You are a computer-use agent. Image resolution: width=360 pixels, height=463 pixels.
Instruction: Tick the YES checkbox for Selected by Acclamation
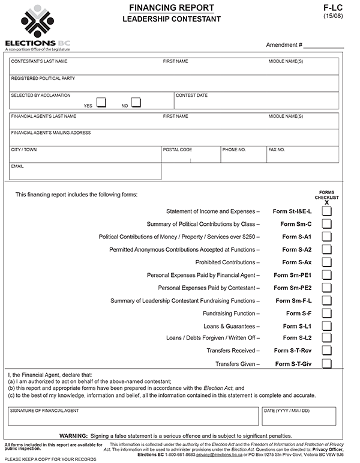[101, 103]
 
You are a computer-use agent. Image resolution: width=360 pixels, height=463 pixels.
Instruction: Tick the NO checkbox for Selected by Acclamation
[136, 103]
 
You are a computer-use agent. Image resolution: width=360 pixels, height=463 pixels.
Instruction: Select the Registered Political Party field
[174, 85]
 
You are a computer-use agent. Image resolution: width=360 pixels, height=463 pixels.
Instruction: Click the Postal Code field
[190, 157]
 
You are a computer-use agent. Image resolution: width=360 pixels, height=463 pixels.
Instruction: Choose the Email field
[85, 173]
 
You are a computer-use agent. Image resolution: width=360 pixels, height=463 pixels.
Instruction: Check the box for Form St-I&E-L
[326, 211]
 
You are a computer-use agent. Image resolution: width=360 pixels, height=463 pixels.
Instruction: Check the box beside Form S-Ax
[326, 262]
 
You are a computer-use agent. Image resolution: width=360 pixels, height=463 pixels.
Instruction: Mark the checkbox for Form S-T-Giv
[326, 363]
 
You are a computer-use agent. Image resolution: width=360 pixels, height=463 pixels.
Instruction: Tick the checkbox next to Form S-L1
[326, 325]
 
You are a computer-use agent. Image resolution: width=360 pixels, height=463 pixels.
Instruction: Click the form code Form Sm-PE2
[293, 288]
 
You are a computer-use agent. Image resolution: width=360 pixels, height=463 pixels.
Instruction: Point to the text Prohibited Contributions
[227, 262]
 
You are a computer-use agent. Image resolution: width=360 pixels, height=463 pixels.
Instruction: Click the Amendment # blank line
[323, 45]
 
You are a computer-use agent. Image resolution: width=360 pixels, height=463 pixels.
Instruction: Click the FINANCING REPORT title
[171, 7]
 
